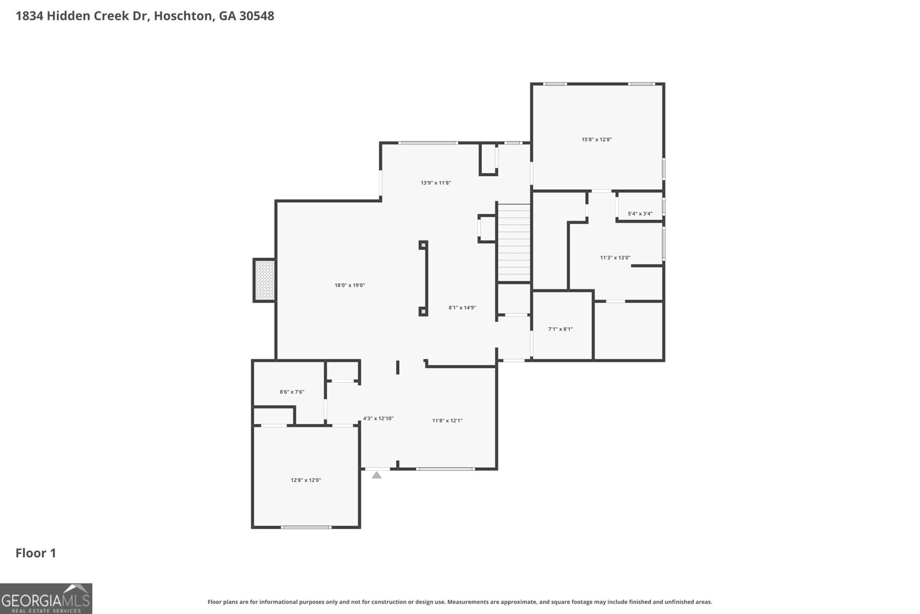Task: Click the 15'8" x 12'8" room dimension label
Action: (596, 139)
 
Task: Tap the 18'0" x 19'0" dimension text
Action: (350, 285)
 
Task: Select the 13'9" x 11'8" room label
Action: (435, 183)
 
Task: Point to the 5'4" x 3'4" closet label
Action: (640, 214)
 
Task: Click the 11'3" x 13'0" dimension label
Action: (615, 258)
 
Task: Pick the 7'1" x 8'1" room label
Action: (560, 329)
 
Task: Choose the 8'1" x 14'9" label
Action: (462, 308)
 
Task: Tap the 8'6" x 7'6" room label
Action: (292, 392)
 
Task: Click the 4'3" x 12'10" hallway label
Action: (378, 418)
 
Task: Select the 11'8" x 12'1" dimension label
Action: (447, 421)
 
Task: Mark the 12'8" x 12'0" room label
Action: (305, 480)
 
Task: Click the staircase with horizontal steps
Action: (513, 243)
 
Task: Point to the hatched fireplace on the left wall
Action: (264, 280)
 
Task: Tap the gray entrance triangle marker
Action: (377, 475)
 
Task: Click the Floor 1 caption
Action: (36, 554)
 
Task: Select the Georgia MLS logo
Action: (46, 598)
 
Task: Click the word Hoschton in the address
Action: (183, 16)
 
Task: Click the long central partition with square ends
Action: (423, 279)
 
